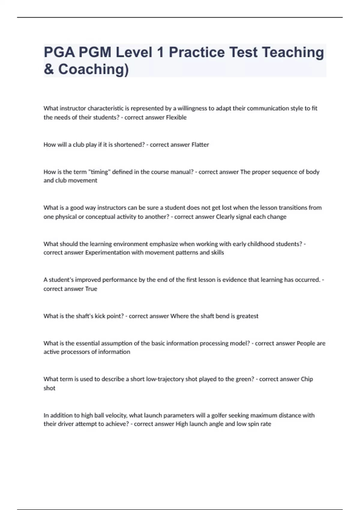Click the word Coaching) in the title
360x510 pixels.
[93, 69]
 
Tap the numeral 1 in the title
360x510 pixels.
[160, 52]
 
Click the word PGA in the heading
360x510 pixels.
[59, 52]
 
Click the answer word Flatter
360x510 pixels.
[200, 145]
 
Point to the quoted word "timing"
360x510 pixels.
[99, 172]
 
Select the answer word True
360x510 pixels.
[91, 289]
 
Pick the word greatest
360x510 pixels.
[247, 316]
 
